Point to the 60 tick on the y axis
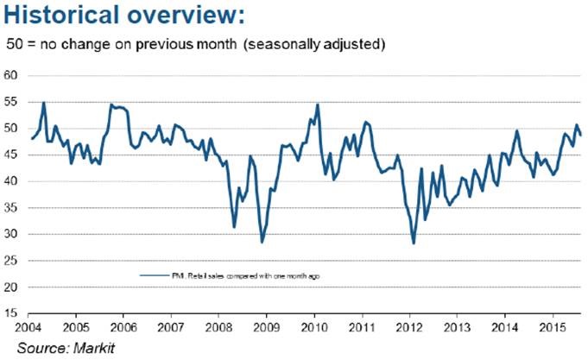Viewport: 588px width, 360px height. (12, 75)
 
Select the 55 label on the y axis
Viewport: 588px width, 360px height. (12, 102)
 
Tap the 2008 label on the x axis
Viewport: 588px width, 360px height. (219, 328)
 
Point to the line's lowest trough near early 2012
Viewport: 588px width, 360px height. (414, 243)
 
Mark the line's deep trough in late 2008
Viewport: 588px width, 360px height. (262, 243)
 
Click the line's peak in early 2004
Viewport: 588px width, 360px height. (44, 103)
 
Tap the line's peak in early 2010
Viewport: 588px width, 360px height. (318, 104)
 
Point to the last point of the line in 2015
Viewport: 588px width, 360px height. (580, 135)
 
